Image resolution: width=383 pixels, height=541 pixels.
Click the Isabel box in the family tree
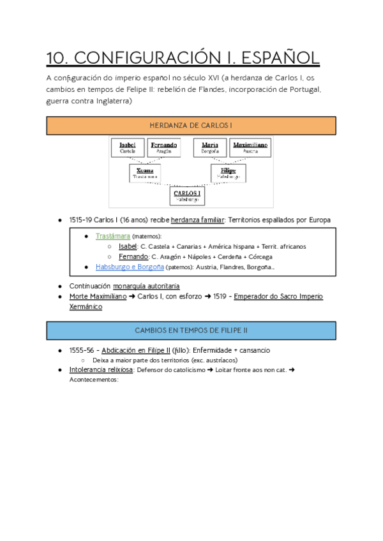pyautogui.click(x=128, y=147)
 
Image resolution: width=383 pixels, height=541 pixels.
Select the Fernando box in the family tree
pyautogui.click(x=165, y=147)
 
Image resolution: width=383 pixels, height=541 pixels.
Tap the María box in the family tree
pyautogui.click(x=209, y=147)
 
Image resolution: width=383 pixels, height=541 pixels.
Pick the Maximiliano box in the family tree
pyautogui.click(x=250, y=147)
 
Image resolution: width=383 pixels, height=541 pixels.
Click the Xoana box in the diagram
pyautogui.click(x=145, y=173)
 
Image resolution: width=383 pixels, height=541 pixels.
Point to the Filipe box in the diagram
pyautogui.click(x=228, y=173)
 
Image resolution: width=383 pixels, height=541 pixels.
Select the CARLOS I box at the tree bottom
pyautogui.click(x=187, y=196)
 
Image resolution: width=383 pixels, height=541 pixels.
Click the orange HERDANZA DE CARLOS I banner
pyautogui.click(x=191, y=126)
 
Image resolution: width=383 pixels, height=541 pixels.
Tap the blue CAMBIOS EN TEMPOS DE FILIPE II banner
pyautogui.click(x=191, y=330)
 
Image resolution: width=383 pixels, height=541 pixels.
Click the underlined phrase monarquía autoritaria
pyautogui.click(x=151, y=286)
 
